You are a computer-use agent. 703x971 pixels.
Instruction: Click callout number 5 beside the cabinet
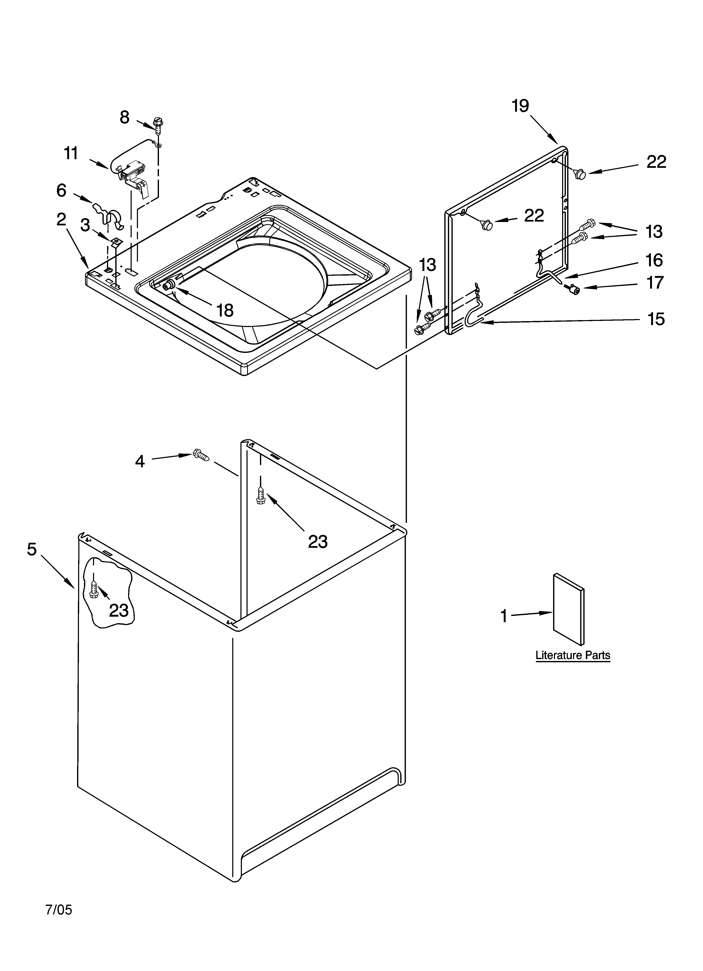(x=32, y=549)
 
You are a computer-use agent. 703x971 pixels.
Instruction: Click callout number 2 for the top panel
(x=62, y=220)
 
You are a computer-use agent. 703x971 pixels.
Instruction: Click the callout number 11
(x=71, y=153)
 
